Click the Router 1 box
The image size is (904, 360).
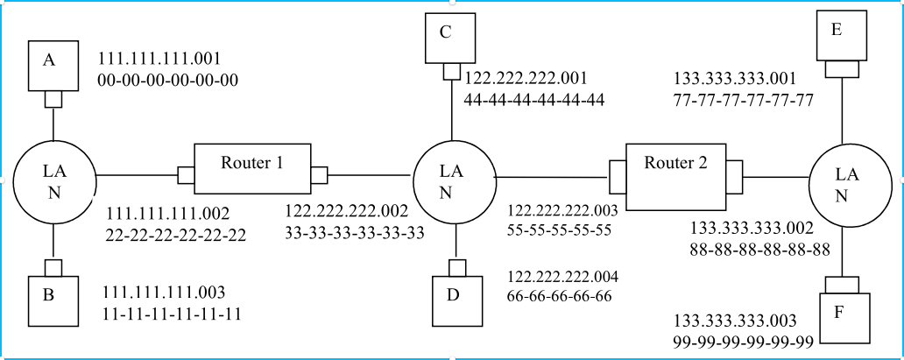(252, 168)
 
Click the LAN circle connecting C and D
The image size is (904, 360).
(453, 180)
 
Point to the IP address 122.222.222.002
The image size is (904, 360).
(346, 213)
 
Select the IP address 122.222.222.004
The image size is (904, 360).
(563, 277)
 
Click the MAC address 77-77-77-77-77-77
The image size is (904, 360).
(745, 100)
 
